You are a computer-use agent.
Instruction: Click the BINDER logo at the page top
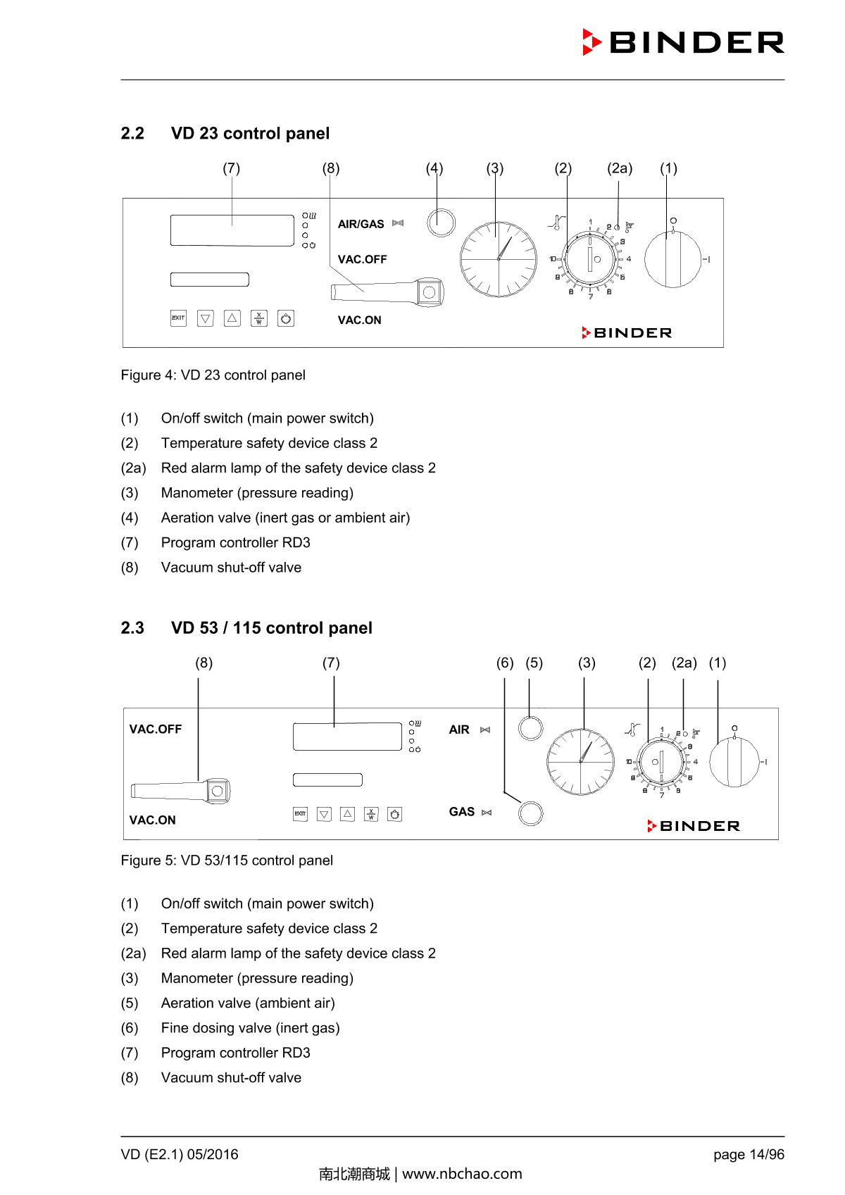click(x=683, y=42)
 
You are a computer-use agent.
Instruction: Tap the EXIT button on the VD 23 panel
click(x=178, y=318)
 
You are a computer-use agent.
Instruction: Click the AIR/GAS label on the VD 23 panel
click(x=361, y=224)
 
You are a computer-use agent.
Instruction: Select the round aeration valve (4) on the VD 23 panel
click(x=441, y=222)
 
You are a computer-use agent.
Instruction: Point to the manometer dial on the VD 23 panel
click(x=499, y=258)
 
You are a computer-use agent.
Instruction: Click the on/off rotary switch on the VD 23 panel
click(x=673, y=258)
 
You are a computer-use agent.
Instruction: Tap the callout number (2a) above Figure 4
click(x=620, y=168)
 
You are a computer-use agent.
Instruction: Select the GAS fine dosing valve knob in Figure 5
click(x=530, y=813)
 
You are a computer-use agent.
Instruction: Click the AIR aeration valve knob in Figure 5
click(x=530, y=727)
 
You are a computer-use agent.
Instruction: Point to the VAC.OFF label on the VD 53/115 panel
click(x=155, y=730)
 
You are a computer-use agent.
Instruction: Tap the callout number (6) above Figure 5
click(x=505, y=663)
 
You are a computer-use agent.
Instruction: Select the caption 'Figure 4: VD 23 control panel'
click(x=213, y=375)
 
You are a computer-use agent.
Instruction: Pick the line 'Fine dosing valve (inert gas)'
click(x=250, y=1028)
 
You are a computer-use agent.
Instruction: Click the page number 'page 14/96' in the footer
click(x=748, y=1155)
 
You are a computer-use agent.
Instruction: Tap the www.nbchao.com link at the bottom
click(x=462, y=1174)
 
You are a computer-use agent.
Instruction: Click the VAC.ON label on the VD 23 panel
click(x=359, y=320)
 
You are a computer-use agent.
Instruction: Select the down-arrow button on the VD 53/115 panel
click(x=324, y=815)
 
